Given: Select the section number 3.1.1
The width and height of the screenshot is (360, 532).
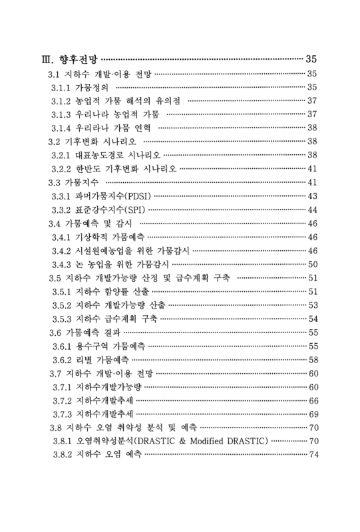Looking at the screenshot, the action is pyautogui.click(x=64, y=88).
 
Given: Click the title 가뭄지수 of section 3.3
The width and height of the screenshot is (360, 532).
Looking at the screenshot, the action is pyautogui.click(x=81, y=181).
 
